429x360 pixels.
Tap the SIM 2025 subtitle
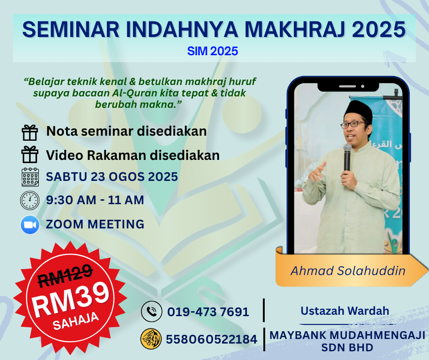pos(213,51)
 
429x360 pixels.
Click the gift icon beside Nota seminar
pos(30,133)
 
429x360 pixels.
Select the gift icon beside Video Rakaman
pos(30,154)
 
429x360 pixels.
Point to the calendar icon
pos(30,177)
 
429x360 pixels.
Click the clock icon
pos(30,200)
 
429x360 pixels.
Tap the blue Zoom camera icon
pos(30,225)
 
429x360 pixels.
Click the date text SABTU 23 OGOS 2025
pos(112,177)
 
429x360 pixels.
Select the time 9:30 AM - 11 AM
pos(95,200)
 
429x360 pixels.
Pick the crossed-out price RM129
pos(65,275)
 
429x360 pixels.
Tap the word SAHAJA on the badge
pos(75,321)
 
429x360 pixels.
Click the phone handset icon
pos(152,311)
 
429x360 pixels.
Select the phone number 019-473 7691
pos(208,312)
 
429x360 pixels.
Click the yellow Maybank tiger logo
pos(151,339)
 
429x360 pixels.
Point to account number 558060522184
pos(211,339)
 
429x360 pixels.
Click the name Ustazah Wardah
pos(345,311)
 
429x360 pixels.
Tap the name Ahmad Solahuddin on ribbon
pos(348,270)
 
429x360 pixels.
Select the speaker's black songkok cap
pos(358,111)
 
